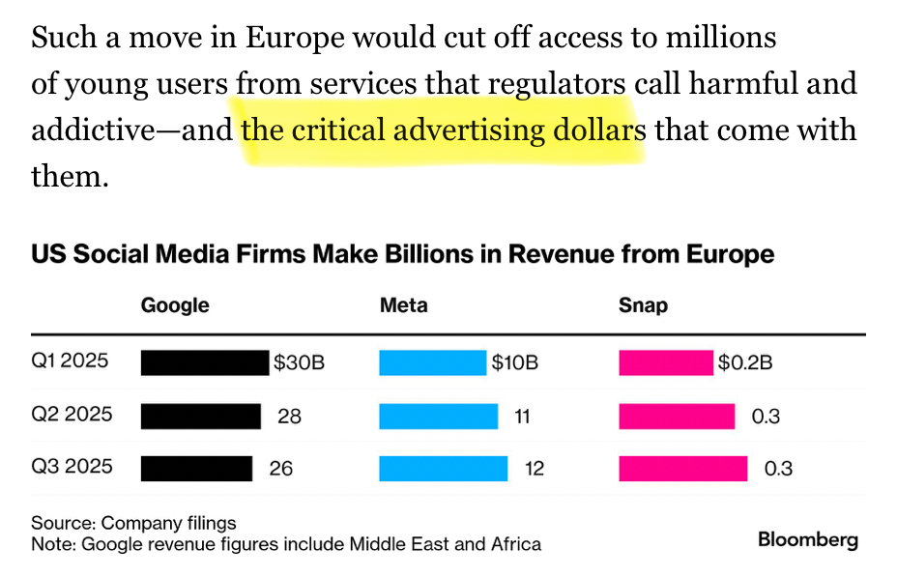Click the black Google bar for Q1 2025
[x=204, y=362]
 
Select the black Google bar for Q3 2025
[x=196, y=469]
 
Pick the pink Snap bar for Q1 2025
[x=665, y=362]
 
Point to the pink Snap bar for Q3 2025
[x=682, y=469]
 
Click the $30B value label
[x=299, y=363]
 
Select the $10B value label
[x=515, y=363]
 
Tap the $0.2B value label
[x=745, y=363]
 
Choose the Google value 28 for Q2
[x=289, y=417]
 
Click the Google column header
[x=175, y=305]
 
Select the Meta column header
[x=404, y=305]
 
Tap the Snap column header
[x=643, y=305]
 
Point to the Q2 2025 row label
[x=72, y=415]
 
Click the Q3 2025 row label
[x=72, y=467]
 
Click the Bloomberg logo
[x=807, y=539]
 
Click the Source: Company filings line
[x=133, y=523]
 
